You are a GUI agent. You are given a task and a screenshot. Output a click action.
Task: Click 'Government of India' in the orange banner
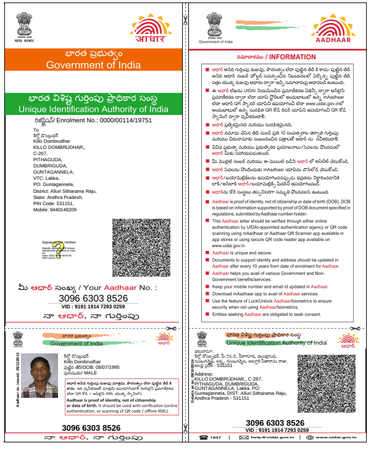[93, 64]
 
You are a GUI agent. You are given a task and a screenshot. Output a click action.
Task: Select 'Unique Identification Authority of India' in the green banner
[93, 109]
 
